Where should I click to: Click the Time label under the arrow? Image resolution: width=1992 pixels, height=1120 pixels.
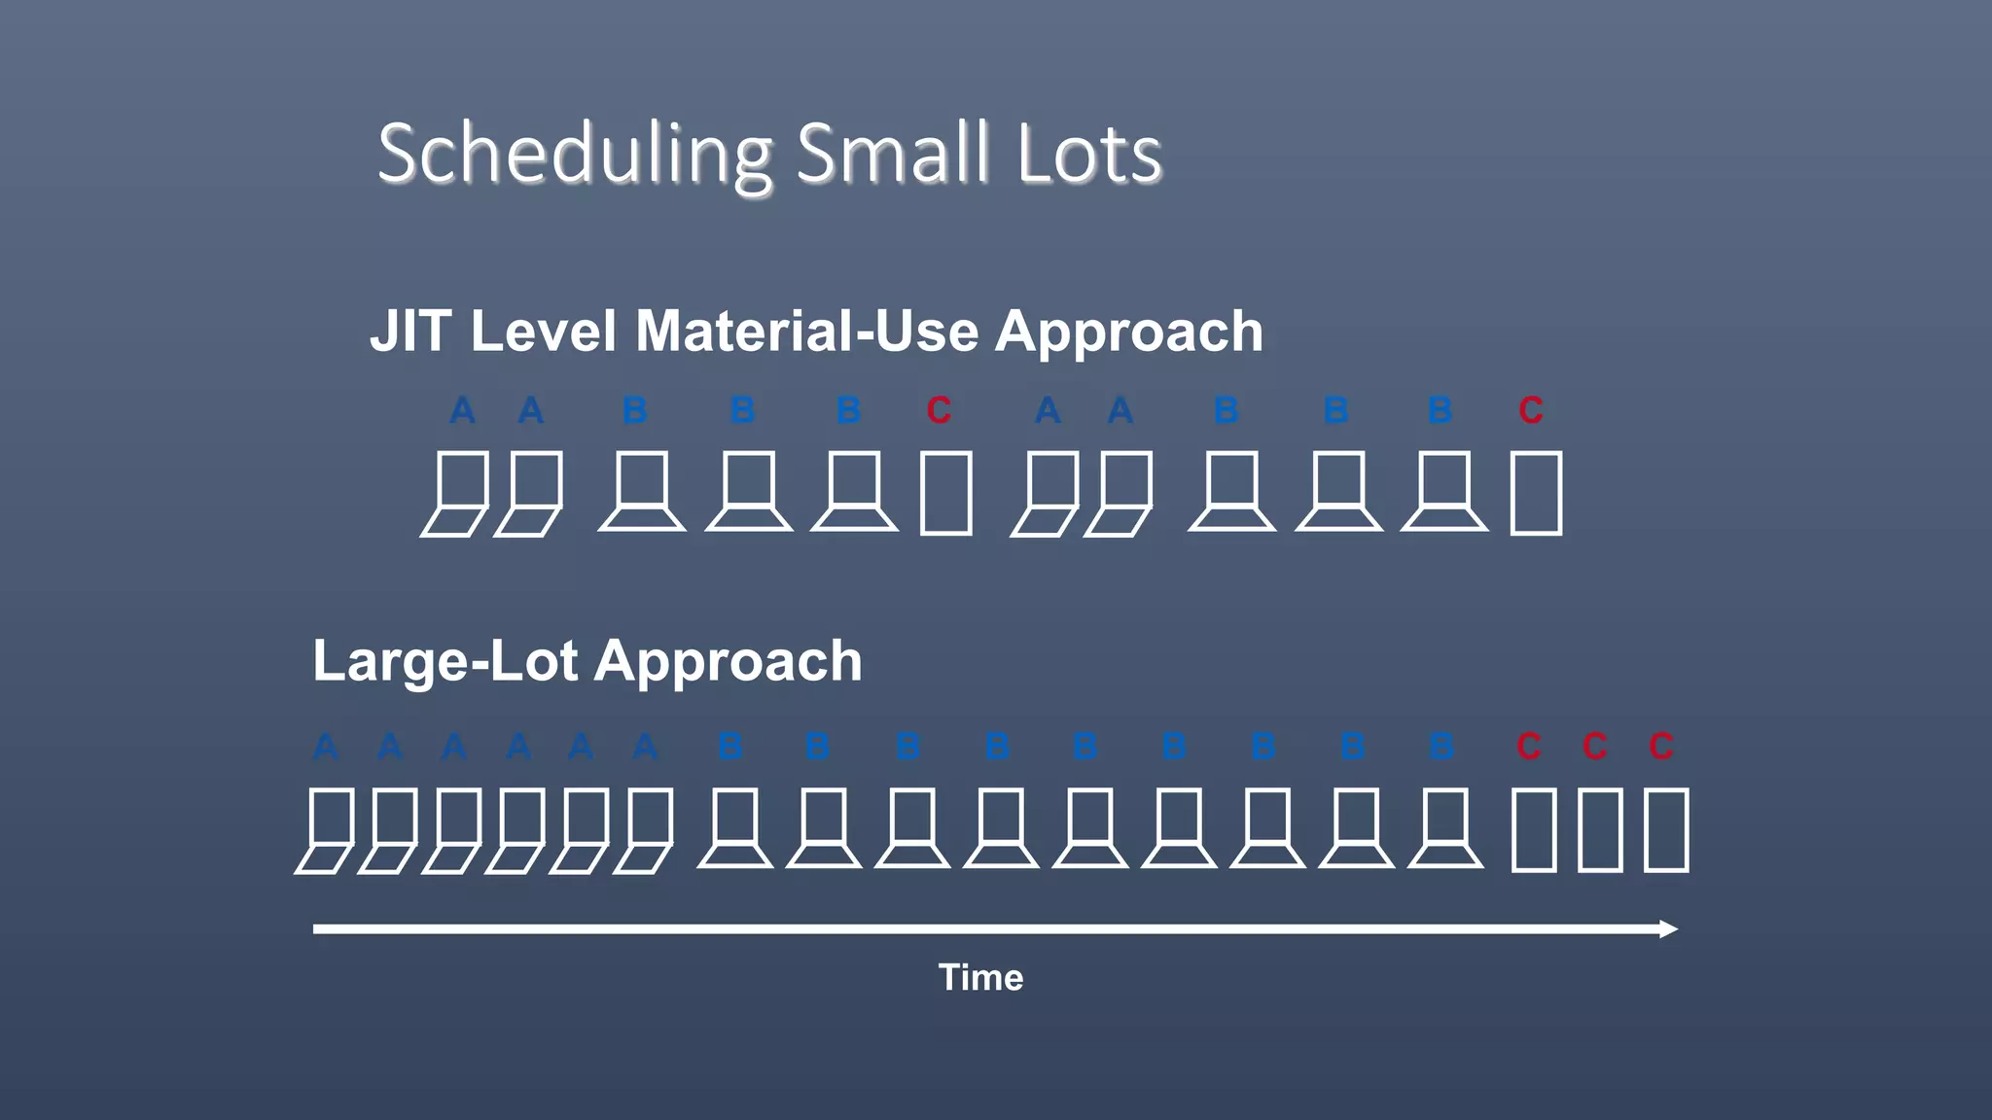(980, 977)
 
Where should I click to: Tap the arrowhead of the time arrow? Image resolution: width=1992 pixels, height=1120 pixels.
(1668, 929)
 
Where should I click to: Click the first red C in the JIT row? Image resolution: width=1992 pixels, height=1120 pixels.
(939, 410)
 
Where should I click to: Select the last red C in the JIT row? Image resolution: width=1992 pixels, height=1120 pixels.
(1531, 410)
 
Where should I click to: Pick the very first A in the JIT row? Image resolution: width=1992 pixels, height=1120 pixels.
(462, 410)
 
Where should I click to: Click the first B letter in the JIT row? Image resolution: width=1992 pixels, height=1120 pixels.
(635, 410)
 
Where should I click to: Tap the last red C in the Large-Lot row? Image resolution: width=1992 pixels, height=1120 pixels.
(1661, 747)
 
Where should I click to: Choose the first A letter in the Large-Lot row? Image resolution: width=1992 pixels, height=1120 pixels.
(326, 747)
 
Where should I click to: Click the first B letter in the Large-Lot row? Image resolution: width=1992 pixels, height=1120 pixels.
(730, 747)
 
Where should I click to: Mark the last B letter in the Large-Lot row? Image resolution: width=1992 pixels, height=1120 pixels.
(1441, 747)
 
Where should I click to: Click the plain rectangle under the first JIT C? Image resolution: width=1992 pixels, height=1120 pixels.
(945, 493)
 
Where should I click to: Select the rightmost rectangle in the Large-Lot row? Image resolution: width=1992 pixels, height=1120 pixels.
(1666, 829)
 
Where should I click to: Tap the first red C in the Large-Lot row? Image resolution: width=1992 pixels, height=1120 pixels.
(1529, 747)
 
